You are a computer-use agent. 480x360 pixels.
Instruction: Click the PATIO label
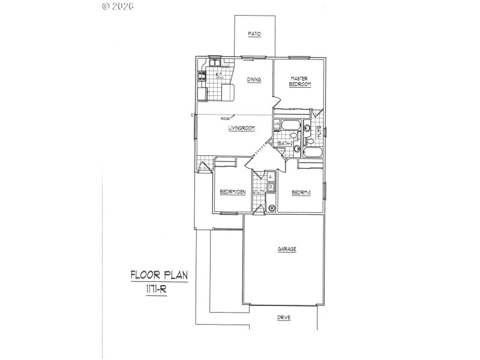tap(254, 35)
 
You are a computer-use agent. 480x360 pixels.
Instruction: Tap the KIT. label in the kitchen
tap(220, 75)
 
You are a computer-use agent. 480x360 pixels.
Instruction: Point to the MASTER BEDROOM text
tap(299, 82)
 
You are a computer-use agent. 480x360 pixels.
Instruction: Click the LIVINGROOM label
tap(242, 127)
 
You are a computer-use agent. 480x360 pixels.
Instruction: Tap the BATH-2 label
tap(285, 143)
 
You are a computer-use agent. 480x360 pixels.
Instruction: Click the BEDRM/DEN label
tap(233, 192)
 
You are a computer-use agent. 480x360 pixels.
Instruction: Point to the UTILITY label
tap(259, 192)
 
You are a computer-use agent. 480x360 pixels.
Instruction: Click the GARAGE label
tap(287, 249)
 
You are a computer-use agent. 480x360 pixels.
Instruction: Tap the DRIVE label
tap(284, 318)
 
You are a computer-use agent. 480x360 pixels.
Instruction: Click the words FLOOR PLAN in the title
tap(159, 276)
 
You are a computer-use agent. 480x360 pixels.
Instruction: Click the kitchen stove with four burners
tap(202, 76)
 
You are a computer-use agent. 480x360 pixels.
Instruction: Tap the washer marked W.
tap(271, 176)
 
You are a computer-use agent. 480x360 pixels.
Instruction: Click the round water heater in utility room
tap(272, 208)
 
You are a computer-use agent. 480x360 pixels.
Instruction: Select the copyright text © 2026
tap(118, 6)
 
